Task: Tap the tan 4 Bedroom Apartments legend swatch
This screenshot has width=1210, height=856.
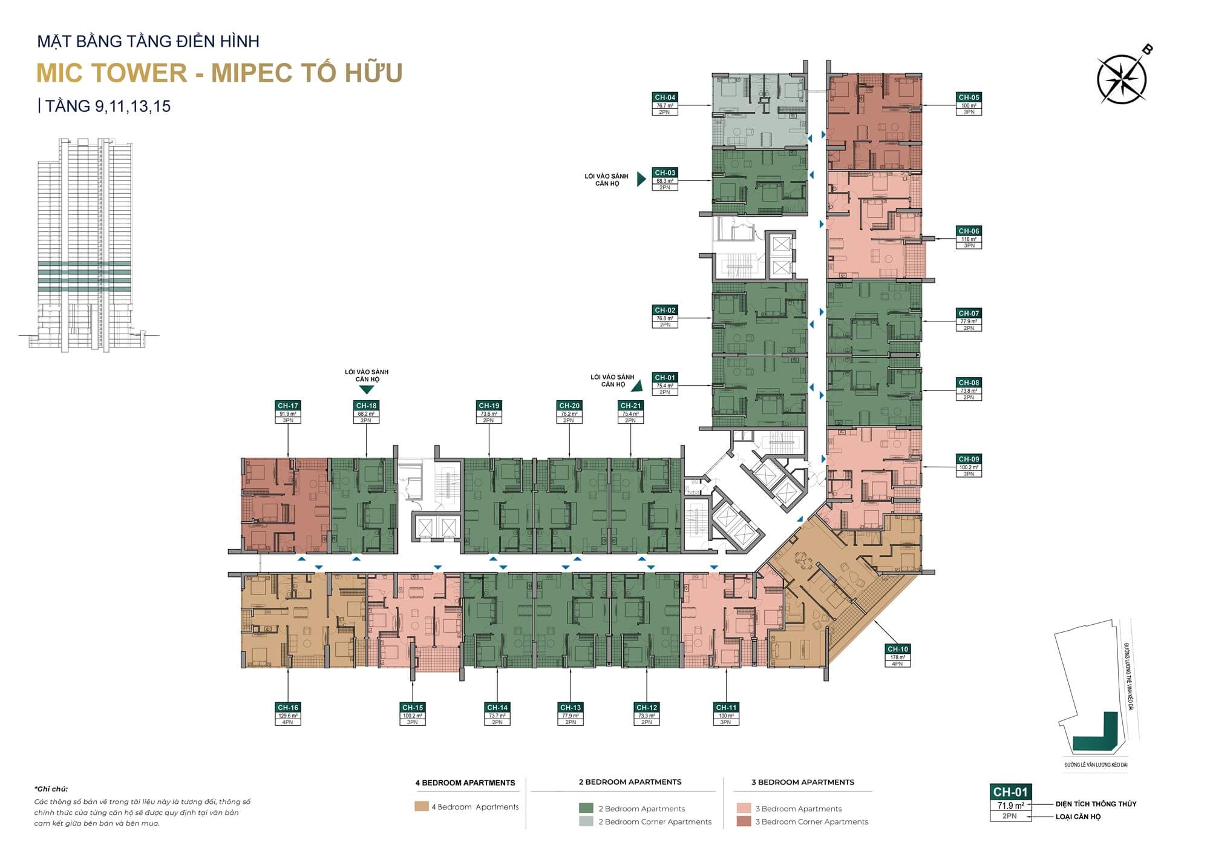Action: click(x=421, y=806)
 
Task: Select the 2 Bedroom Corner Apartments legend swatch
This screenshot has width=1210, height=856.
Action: click(x=586, y=821)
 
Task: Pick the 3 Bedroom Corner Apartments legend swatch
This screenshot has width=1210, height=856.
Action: click(x=744, y=821)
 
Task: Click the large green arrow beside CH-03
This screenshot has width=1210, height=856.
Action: click(x=642, y=180)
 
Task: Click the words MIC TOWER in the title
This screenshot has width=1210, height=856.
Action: click(x=113, y=73)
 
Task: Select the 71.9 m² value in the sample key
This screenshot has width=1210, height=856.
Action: click(x=1010, y=805)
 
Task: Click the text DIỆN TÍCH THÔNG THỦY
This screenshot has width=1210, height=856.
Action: click(x=1096, y=804)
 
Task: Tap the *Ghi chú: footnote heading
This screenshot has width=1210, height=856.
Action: click(x=51, y=789)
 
